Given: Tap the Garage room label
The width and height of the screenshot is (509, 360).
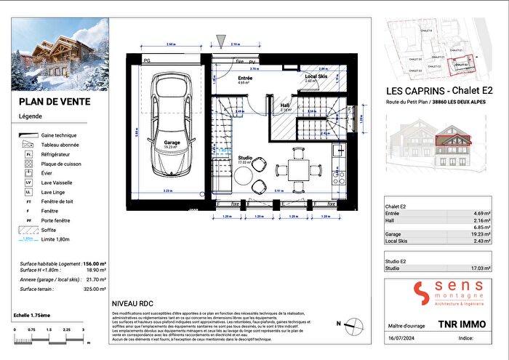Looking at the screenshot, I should (x=172, y=143).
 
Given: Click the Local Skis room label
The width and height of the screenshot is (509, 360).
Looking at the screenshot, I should (x=315, y=77).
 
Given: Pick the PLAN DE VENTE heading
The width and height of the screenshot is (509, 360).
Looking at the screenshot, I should (x=55, y=102).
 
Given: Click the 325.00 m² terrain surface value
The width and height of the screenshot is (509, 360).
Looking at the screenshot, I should (x=94, y=289).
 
